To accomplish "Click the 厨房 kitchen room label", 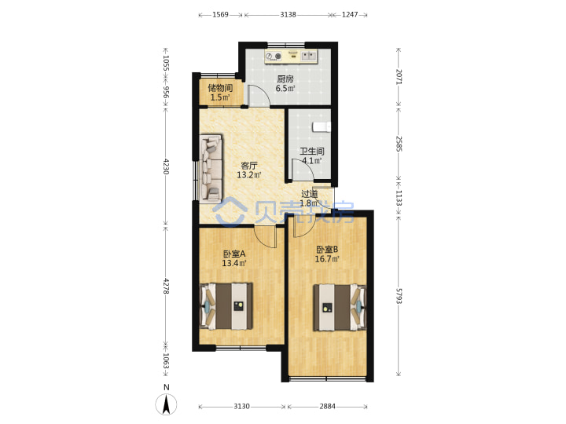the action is [285, 79].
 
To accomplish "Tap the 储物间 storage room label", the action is [220, 88].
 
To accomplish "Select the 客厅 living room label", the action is [249, 166].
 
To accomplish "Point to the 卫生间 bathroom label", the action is [312, 152].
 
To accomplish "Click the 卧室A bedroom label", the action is [234, 254].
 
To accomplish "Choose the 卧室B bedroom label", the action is [327, 250].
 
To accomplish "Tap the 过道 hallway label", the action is [310, 194].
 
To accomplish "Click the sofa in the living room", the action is [211, 168].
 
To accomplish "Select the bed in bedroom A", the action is [226, 306].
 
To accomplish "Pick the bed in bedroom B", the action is [340, 308].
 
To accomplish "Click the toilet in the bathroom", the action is [322, 127].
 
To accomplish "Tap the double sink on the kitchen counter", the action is [309, 56].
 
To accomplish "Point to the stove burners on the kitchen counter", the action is [274, 57].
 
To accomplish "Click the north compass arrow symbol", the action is [167, 404].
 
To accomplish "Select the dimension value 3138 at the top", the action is [288, 14].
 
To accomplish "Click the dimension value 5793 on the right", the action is [399, 296].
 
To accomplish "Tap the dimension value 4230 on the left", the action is [166, 166].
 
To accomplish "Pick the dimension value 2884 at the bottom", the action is [327, 407].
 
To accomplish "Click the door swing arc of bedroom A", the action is [263, 239].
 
